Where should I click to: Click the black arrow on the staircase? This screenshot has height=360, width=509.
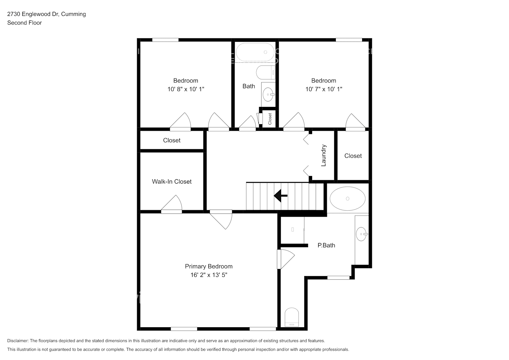point(281,196)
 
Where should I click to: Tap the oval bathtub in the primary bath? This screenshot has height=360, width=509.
point(347,199)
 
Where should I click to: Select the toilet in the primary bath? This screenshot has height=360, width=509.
point(292,317)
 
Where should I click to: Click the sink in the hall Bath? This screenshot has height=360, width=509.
point(268,95)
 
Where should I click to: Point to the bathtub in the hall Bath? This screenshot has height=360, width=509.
point(256,52)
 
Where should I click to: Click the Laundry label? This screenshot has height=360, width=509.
point(323,156)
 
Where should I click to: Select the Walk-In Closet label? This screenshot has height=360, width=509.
point(172,181)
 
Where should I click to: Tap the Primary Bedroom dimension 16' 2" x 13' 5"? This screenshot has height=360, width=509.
point(209,275)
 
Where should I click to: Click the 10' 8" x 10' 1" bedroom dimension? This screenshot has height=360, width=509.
point(186,89)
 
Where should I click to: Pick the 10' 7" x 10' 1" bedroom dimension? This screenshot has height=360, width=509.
point(324,89)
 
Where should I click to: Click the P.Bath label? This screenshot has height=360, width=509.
point(326,245)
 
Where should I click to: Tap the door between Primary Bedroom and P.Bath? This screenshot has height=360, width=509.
point(285,259)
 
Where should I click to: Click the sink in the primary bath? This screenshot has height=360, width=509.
point(361,234)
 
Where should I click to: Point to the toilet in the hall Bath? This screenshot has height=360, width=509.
point(266,72)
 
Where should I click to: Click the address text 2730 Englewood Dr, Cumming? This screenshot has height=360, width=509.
point(46,14)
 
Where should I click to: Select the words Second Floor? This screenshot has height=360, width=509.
point(24,23)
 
